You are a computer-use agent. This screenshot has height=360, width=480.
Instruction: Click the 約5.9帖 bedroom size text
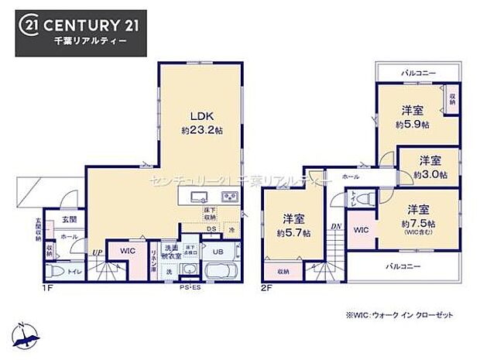pyautogui.click(x=413, y=124)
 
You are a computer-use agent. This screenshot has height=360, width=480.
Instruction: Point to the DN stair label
pyautogui.click(x=335, y=226)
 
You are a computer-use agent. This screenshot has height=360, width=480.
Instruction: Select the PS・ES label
pyautogui.click(x=190, y=287)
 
